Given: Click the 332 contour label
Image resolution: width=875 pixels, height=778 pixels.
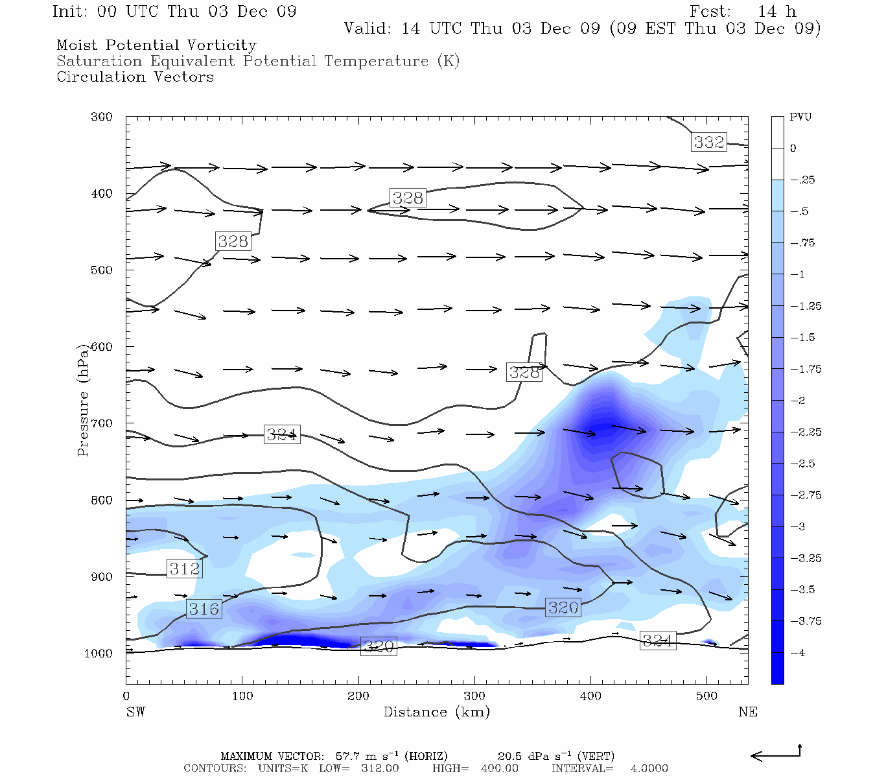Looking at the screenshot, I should (709, 142).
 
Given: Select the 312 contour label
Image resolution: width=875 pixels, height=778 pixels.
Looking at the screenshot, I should (185, 569).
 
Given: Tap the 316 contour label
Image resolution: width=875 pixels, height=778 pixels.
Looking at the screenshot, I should (204, 609).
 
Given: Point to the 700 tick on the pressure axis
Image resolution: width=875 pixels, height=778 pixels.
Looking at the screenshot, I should (101, 423).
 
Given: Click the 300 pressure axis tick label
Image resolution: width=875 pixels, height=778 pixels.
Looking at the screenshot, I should (101, 117).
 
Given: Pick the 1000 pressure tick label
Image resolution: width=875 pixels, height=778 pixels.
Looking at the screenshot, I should (99, 654).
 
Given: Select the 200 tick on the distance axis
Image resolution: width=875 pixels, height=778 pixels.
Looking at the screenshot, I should (358, 696).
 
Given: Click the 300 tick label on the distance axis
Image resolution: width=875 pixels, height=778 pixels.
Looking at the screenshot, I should (474, 696).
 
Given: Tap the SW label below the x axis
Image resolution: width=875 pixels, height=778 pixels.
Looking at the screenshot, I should (135, 712).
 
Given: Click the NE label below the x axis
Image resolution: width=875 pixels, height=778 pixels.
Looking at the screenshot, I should (747, 712).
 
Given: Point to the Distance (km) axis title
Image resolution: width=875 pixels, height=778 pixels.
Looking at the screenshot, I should (436, 712).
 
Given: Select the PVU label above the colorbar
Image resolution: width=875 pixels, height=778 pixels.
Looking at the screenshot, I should (800, 117).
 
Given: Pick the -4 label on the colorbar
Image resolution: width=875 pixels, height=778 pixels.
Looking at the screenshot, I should (797, 652).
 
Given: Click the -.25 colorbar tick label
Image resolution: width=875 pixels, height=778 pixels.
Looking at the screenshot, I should (802, 180).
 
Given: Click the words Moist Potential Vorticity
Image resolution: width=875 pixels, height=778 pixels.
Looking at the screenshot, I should (156, 45).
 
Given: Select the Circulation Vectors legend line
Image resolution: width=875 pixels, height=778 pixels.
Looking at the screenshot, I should (135, 77).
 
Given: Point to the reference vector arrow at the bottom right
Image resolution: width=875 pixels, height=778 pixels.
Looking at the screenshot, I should (775, 755).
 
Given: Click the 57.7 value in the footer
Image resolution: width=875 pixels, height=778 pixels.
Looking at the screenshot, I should (348, 756).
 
